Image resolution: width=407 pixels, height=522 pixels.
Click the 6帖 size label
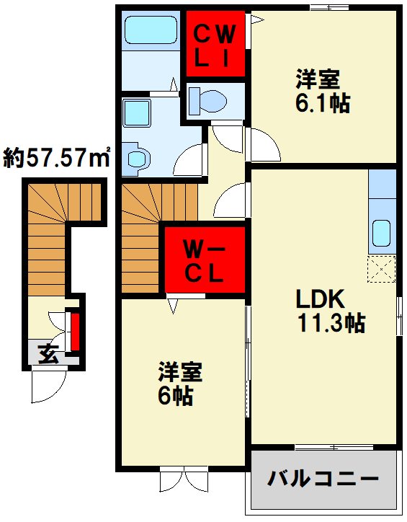176,396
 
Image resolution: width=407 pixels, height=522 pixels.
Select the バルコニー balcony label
323,478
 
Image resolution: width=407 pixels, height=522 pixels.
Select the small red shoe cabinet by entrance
73,331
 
